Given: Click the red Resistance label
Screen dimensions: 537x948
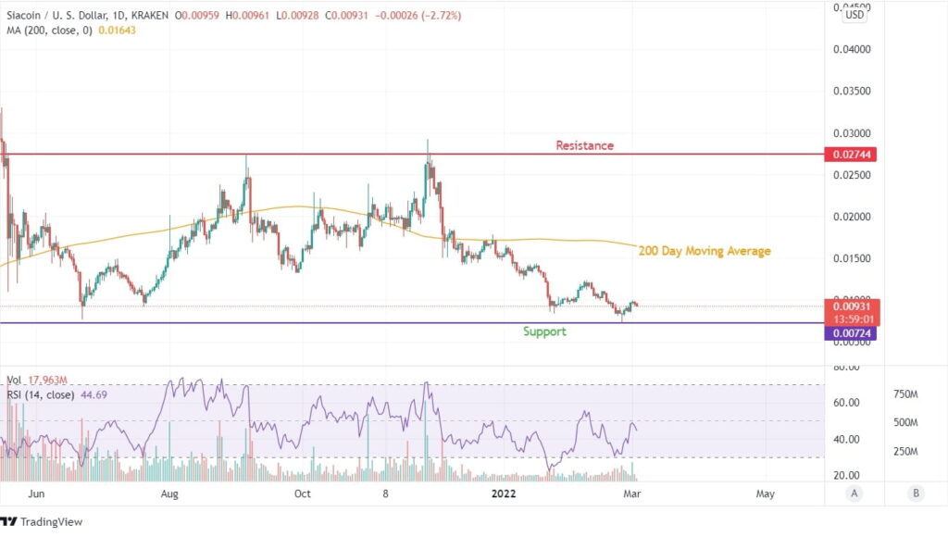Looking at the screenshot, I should click(x=584, y=145).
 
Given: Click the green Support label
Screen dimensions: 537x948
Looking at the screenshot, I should click(x=544, y=331).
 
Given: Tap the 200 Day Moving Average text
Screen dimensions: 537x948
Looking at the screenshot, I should click(x=705, y=251).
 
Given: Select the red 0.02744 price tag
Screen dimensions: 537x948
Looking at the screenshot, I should click(x=849, y=154).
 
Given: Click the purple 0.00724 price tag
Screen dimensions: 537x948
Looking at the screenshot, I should click(x=849, y=332).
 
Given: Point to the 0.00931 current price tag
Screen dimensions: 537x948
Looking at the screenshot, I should click(x=849, y=306).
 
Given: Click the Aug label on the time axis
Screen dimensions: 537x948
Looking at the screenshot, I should click(x=169, y=493).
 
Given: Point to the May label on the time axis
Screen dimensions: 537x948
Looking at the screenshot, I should click(x=766, y=493).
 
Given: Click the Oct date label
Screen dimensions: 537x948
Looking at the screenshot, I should click(x=302, y=493).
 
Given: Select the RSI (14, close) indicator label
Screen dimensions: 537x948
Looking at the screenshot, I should click(x=41, y=393).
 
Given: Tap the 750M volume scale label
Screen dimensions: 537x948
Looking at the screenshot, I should click(x=904, y=394).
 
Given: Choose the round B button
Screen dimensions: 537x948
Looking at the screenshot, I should click(x=915, y=493).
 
